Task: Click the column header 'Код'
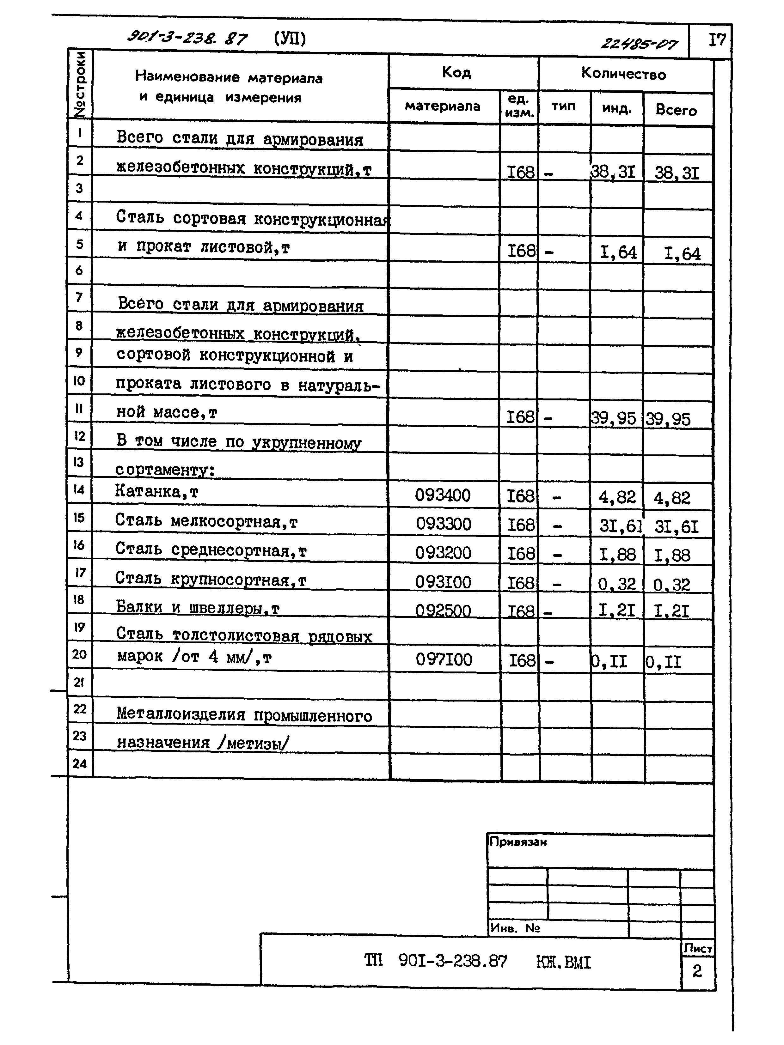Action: tap(456, 72)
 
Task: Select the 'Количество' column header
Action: tap(623, 74)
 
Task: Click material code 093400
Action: tap(443, 495)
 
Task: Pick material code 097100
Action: tap(444, 659)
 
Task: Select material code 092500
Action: tap(443, 611)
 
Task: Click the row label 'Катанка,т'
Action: tap(157, 492)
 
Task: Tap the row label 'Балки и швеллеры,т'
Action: tap(198, 607)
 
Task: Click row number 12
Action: tap(79, 435)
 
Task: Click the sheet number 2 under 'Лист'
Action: tap(697, 971)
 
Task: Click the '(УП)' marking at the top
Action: tap(290, 38)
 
